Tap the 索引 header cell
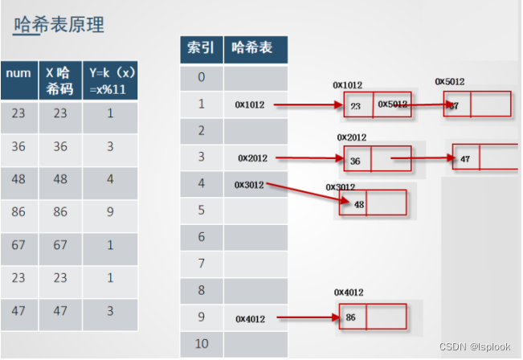[201, 48]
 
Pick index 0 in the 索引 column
[201, 77]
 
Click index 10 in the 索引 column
[201, 344]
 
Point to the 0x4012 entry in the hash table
[251, 318]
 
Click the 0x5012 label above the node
[449, 81]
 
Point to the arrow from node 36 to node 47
[422, 158]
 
